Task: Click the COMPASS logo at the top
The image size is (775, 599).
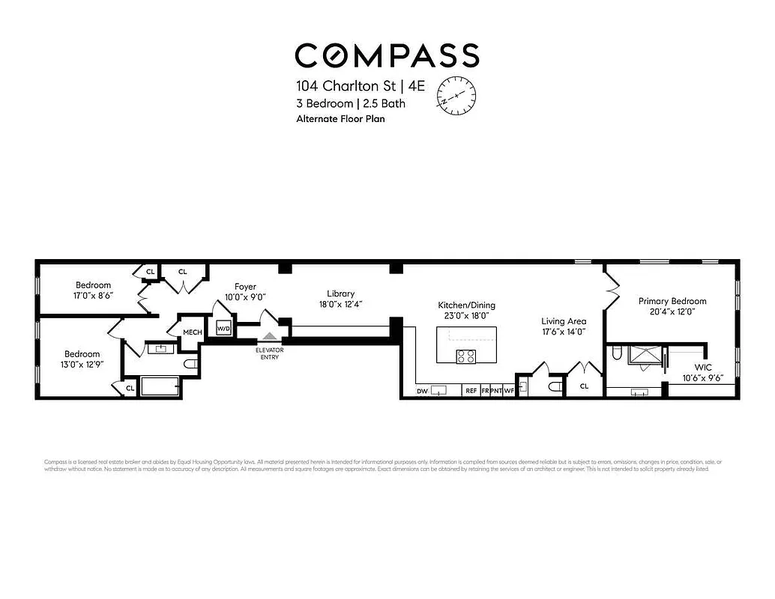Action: tap(387, 55)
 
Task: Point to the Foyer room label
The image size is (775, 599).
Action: tap(245, 287)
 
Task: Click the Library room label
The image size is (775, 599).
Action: tap(340, 294)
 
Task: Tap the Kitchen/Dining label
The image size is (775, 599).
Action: tap(466, 305)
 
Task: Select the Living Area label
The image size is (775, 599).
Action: tap(564, 321)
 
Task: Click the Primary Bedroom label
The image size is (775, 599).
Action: tap(672, 301)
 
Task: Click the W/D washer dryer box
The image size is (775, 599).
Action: tap(223, 329)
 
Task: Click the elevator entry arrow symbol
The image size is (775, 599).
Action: tap(269, 338)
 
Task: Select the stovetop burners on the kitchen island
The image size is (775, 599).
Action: tap(465, 356)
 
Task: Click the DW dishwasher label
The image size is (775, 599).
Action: tap(421, 391)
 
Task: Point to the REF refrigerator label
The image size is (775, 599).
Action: tap(471, 391)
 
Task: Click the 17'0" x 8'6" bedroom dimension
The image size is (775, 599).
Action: tap(93, 296)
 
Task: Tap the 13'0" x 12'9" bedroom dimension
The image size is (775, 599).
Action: tap(82, 365)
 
